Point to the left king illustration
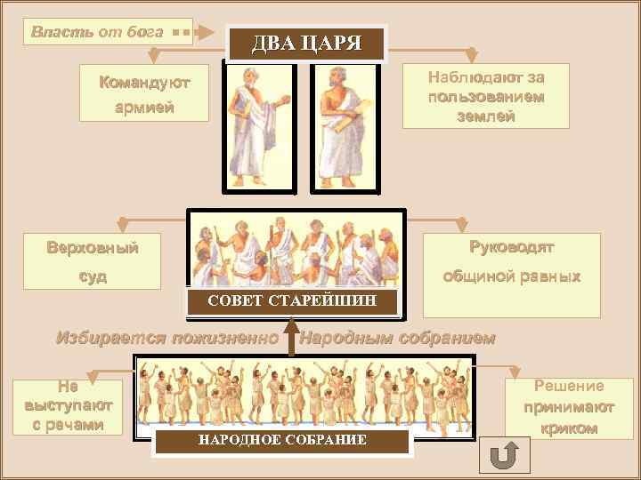tap(260, 124)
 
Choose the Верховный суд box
tap(92, 260)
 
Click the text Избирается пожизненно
tap(167, 338)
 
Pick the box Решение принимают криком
tap(569, 407)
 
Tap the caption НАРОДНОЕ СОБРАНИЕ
tap(282, 441)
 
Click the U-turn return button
tap(504, 453)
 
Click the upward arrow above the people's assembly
tap(291, 340)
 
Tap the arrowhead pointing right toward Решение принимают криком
tap(520, 368)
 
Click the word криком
tap(569, 428)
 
